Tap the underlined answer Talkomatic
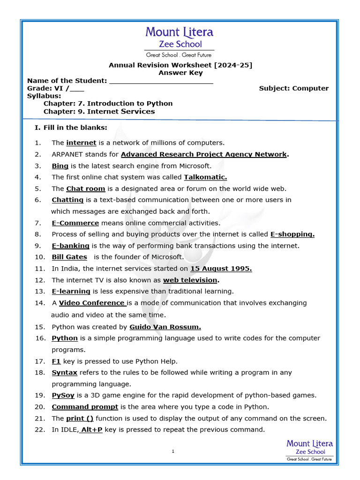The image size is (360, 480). (x=199, y=177)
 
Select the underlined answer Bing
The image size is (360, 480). (x=60, y=166)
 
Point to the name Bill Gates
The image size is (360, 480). (x=69, y=257)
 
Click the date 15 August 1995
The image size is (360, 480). (x=221, y=269)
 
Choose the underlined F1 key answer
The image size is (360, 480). (x=56, y=361)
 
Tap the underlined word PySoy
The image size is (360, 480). (x=63, y=395)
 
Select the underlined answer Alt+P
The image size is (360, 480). (x=91, y=430)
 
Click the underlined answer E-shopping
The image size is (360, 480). (x=292, y=234)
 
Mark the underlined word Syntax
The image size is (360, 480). (x=64, y=373)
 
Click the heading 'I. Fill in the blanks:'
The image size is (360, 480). (x=71, y=128)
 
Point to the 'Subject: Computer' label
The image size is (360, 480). (x=294, y=88)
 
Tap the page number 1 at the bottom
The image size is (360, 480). (x=173, y=451)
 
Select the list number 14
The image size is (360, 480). (x=40, y=303)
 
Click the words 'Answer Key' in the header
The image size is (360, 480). (x=180, y=73)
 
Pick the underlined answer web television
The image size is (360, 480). (x=190, y=280)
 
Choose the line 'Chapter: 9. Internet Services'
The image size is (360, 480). (x=99, y=112)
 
